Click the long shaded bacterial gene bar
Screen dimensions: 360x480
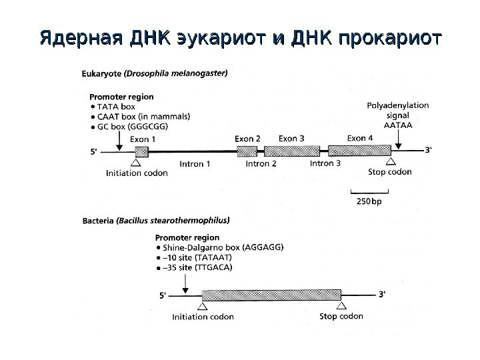[x=271, y=294]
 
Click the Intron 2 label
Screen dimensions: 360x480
[x=261, y=163]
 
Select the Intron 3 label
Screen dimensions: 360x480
[x=325, y=163]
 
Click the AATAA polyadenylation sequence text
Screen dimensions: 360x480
[x=399, y=125]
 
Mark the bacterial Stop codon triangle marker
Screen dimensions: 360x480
[x=341, y=306]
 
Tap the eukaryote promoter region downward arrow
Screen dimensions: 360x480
[x=118, y=139]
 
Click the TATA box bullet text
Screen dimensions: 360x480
[x=116, y=106]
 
